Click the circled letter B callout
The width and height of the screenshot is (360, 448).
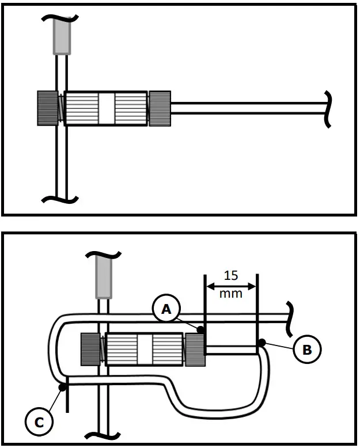[x=307, y=348]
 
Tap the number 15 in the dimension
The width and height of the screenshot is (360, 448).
[x=230, y=275]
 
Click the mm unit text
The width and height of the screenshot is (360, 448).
[x=231, y=293]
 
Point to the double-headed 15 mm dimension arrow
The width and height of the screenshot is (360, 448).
[x=231, y=285]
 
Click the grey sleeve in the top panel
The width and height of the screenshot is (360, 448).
[x=62, y=35]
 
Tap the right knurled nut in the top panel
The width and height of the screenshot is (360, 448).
[x=160, y=108]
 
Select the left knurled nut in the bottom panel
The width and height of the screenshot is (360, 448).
[x=91, y=350]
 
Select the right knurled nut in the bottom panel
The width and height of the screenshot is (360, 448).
[x=195, y=349]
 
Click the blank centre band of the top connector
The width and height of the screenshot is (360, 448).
[x=106, y=108]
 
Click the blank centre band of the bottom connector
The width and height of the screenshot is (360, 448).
[x=144, y=350]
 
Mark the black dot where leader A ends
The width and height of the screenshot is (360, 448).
[x=200, y=330]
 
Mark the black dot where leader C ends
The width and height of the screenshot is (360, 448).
[x=62, y=388]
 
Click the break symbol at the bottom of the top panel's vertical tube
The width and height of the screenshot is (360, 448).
[x=60, y=199]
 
